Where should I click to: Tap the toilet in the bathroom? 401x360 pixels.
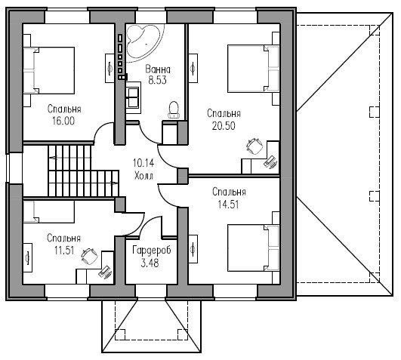coord(174,110)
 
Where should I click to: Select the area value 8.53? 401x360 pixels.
coord(158,80)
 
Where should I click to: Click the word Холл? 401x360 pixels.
coord(143,176)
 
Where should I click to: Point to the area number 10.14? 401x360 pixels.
coord(143,163)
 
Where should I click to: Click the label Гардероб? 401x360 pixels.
coord(152,251)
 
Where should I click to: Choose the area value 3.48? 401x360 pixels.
coord(150,263)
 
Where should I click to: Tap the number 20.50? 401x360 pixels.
coord(224,126)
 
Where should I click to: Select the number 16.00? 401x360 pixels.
coord(63,121)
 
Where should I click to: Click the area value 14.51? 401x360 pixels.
coord(228,205)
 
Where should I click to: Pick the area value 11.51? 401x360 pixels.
coord(64,251)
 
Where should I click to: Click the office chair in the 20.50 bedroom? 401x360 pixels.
coord(254,146)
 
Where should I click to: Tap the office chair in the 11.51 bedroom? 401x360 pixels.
coord(90,256)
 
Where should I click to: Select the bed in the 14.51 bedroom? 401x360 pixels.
coord(253,248)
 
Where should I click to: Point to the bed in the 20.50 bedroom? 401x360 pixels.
coord(253,69)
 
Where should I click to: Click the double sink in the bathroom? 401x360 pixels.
coord(133,97)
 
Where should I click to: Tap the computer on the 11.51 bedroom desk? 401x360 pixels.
coord(105,272)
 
